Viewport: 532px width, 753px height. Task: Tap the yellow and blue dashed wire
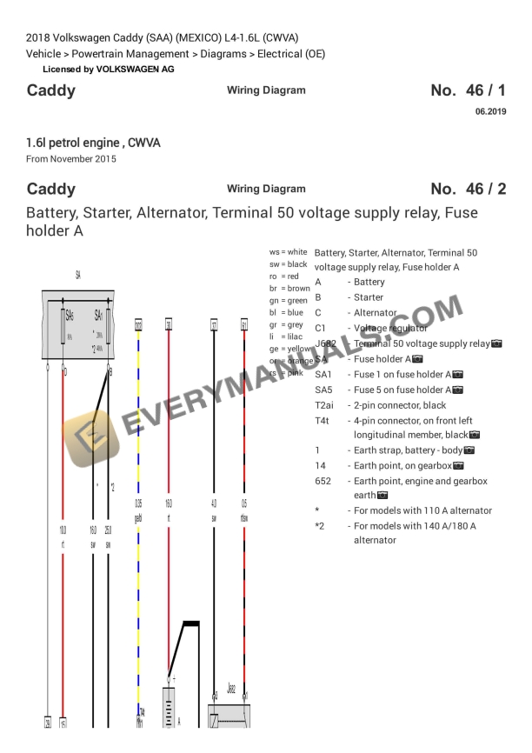click(138, 417)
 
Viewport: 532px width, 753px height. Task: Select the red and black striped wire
click(244, 417)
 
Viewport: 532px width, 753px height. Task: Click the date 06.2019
click(490, 111)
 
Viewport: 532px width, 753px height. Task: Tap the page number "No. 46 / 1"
click(468, 90)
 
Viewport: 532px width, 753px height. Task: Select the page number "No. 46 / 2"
click(468, 189)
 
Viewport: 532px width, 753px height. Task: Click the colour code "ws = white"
click(288, 251)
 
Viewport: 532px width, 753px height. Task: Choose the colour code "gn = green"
click(288, 300)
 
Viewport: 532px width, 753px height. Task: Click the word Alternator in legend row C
click(375, 313)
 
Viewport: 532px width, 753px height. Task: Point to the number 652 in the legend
click(323, 481)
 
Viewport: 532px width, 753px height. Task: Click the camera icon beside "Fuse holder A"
click(417, 359)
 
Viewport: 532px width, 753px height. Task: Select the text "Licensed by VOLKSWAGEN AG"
click(108, 69)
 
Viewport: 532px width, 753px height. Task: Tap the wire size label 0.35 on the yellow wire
click(138, 503)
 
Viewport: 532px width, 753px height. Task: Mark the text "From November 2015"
click(71, 159)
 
